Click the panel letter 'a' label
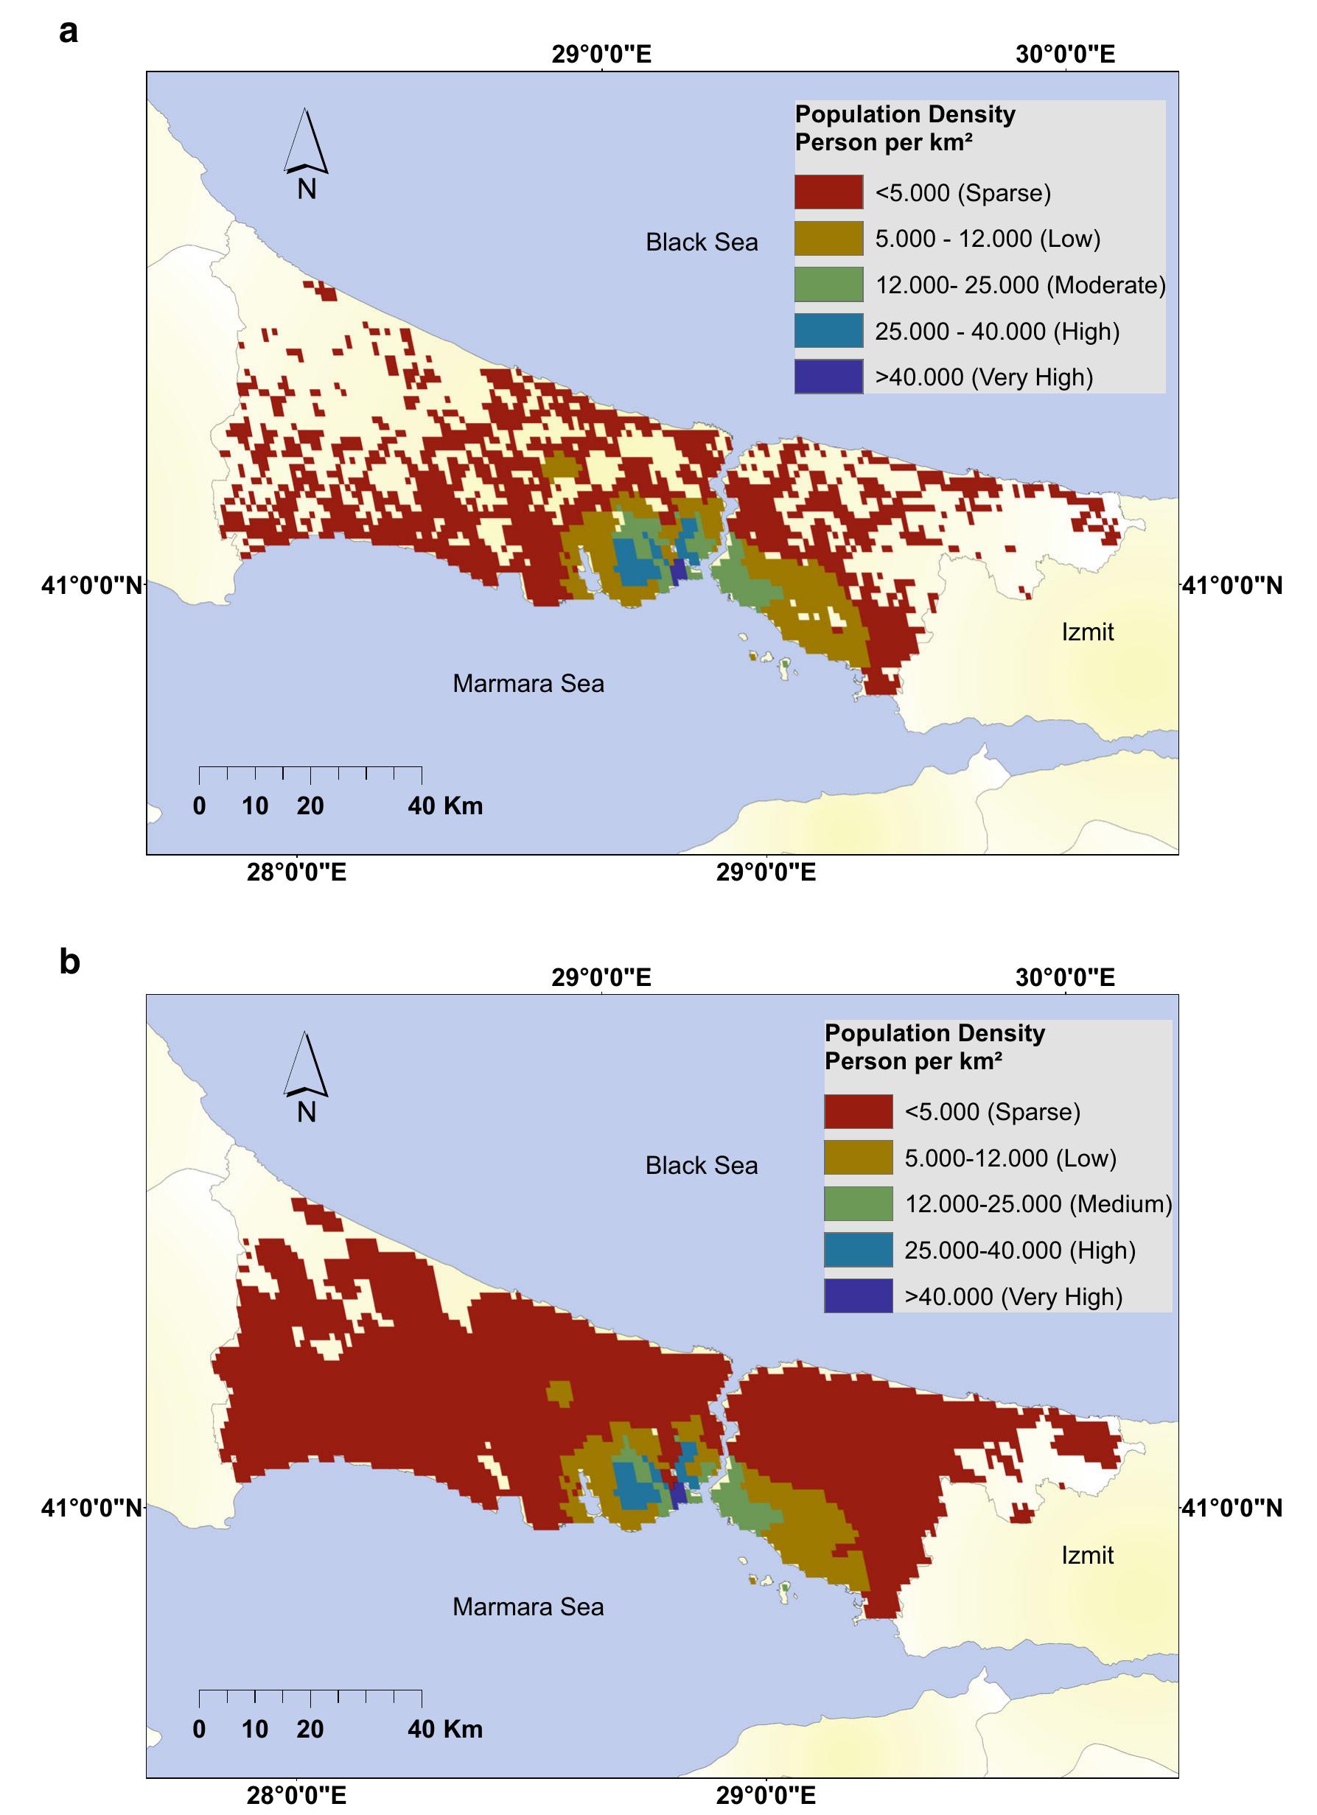69,33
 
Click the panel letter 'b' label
69,961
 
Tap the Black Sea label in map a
701,242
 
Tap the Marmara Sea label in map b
528,1606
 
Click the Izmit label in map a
1087,632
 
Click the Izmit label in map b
1087,1555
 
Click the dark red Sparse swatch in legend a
828,193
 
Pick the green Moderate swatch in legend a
828,285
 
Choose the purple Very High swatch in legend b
858,1295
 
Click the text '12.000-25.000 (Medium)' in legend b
1038,1203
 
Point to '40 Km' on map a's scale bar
445,806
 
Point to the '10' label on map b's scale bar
254,1729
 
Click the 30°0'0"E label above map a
1065,55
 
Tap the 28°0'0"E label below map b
296,1795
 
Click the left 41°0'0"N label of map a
91,587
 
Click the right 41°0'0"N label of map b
1232,1508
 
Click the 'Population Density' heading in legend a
904,114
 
